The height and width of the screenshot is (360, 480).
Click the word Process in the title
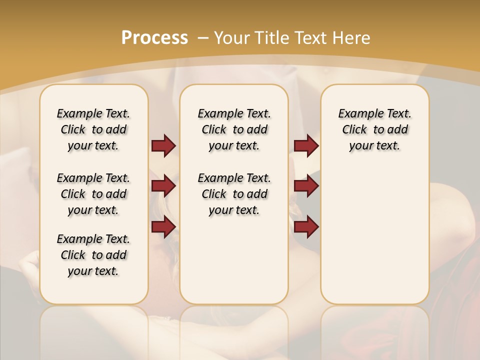(x=154, y=37)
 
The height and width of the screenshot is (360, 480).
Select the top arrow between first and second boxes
(x=163, y=145)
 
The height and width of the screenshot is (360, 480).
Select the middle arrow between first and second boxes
(x=163, y=186)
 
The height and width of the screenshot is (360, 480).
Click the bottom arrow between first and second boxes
(x=163, y=226)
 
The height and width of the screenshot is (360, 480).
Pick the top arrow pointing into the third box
(x=306, y=145)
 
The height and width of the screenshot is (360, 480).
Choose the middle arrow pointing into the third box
(x=306, y=186)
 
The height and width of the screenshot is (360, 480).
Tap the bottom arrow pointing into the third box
(x=306, y=226)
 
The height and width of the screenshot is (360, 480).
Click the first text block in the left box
(x=93, y=129)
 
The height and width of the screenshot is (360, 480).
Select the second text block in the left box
(x=93, y=194)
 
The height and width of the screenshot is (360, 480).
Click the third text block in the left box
(x=93, y=255)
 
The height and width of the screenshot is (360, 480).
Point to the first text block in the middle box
(x=234, y=129)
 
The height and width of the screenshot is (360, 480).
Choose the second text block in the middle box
(x=234, y=194)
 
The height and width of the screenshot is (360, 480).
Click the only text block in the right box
(x=374, y=129)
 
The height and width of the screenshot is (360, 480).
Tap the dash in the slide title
(x=203, y=37)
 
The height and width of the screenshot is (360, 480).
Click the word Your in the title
(x=233, y=37)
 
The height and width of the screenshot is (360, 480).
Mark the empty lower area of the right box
(x=374, y=235)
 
